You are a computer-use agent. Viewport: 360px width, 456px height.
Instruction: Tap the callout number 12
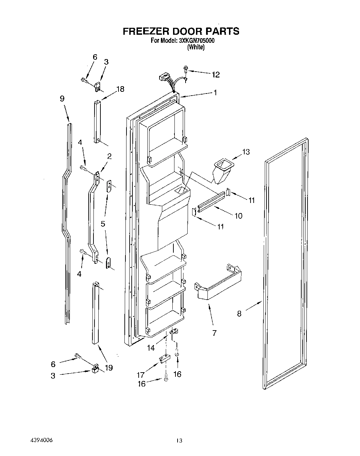[215, 74]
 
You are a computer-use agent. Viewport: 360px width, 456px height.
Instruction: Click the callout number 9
[62, 98]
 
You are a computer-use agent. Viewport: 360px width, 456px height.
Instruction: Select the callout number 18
[120, 89]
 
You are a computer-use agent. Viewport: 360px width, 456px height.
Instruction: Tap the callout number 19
[109, 367]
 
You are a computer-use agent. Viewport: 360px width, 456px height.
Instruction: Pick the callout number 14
[151, 348]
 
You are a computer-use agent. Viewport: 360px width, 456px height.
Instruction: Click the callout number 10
[238, 216]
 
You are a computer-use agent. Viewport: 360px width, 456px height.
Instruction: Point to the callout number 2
[109, 156]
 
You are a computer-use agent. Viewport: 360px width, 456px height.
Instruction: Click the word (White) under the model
[196, 47]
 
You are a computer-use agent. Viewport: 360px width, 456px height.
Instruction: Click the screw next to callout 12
[186, 70]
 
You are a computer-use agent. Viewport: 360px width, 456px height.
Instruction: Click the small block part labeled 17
[164, 358]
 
